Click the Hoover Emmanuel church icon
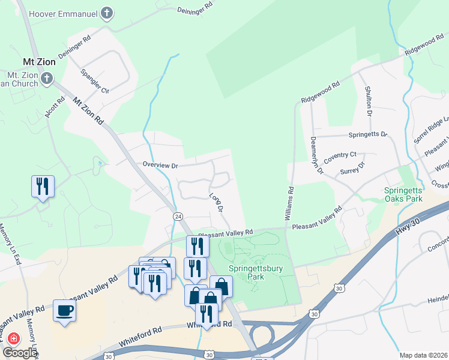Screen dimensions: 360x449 [107, 13]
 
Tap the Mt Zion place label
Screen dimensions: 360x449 [39, 62]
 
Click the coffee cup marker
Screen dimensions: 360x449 [65, 311]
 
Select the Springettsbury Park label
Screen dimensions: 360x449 [255, 273]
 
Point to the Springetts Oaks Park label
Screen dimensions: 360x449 [403, 194]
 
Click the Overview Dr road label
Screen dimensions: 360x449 [161, 164]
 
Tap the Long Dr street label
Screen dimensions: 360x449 [216, 202]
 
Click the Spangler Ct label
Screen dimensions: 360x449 [95, 82]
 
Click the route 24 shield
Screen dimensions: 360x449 [178, 215]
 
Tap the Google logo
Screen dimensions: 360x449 [19, 353]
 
